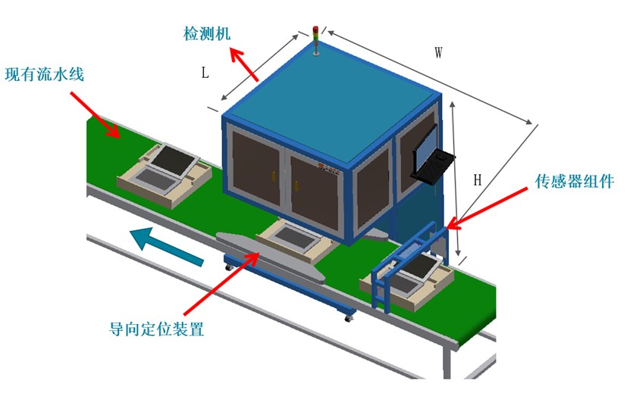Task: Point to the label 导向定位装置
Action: (x=157, y=329)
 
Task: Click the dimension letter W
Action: (x=438, y=53)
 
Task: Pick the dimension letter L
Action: (x=205, y=73)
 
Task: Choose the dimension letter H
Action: (x=478, y=180)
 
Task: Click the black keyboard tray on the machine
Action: (x=433, y=166)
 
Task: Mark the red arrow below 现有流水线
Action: (x=94, y=114)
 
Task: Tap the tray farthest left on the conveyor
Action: (x=164, y=175)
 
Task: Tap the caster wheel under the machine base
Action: (x=349, y=316)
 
